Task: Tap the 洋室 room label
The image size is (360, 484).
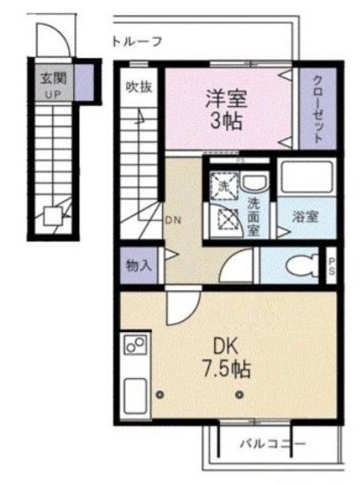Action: tap(227, 98)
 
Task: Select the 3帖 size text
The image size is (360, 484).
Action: tap(227, 121)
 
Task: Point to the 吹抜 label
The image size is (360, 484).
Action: tap(139, 86)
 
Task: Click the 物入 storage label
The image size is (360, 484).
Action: tap(138, 266)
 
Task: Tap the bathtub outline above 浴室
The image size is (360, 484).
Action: tap(304, 178)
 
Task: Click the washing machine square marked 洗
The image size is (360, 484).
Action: tap(225, 184)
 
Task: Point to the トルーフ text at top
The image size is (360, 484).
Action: tap(136, 42)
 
